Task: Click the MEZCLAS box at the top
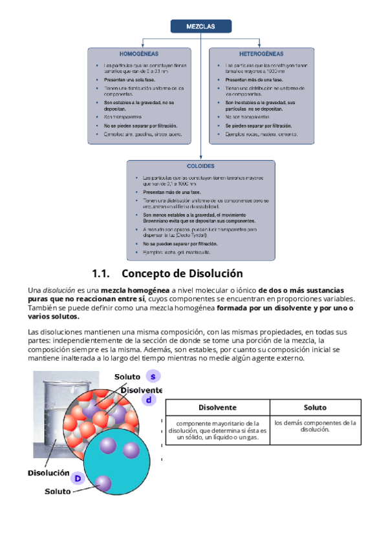point(200,26)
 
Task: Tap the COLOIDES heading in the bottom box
point(200,166)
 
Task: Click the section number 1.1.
point(103,273)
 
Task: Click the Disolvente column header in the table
point(217,408)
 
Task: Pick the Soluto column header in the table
point(315,408)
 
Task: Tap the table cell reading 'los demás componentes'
point(315,427)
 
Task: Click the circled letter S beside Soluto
point(153,376)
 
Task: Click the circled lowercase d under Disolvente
point(149,401)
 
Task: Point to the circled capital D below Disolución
point(78,478)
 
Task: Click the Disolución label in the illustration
point(48,472)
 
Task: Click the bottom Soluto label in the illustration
point(58,491)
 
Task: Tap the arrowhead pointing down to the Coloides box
point(200,158)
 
